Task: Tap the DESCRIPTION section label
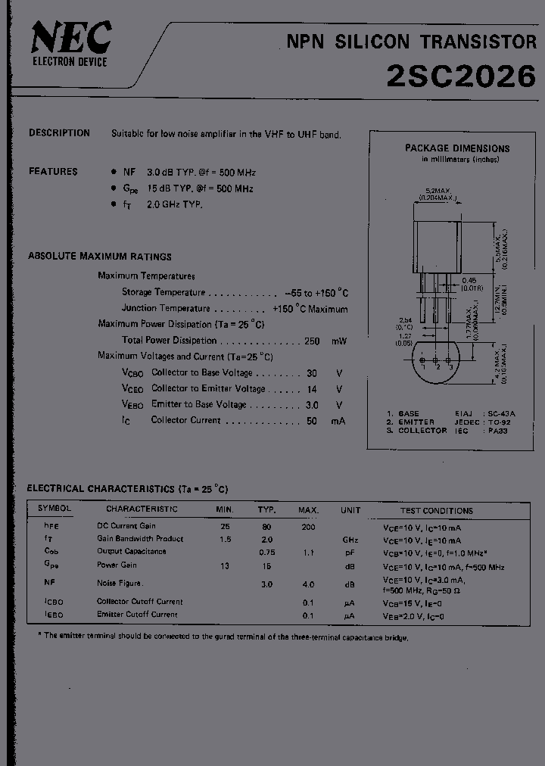pos(59,133)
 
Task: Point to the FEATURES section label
pos(53,172)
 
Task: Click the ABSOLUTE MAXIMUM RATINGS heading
pos(99,257)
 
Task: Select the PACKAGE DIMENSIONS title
pos(456,148)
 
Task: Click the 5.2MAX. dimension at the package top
pos(437,190)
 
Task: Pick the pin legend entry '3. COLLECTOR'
pos(416,431)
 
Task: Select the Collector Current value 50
pos(312,420)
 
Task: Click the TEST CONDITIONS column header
pos(436,511)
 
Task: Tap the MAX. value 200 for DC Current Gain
pos(308,526)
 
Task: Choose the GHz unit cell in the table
pos(350,539)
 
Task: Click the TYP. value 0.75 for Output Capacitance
pos(266,552)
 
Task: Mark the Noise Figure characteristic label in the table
pos(120,583)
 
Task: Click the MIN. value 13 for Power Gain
pos(224,565)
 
